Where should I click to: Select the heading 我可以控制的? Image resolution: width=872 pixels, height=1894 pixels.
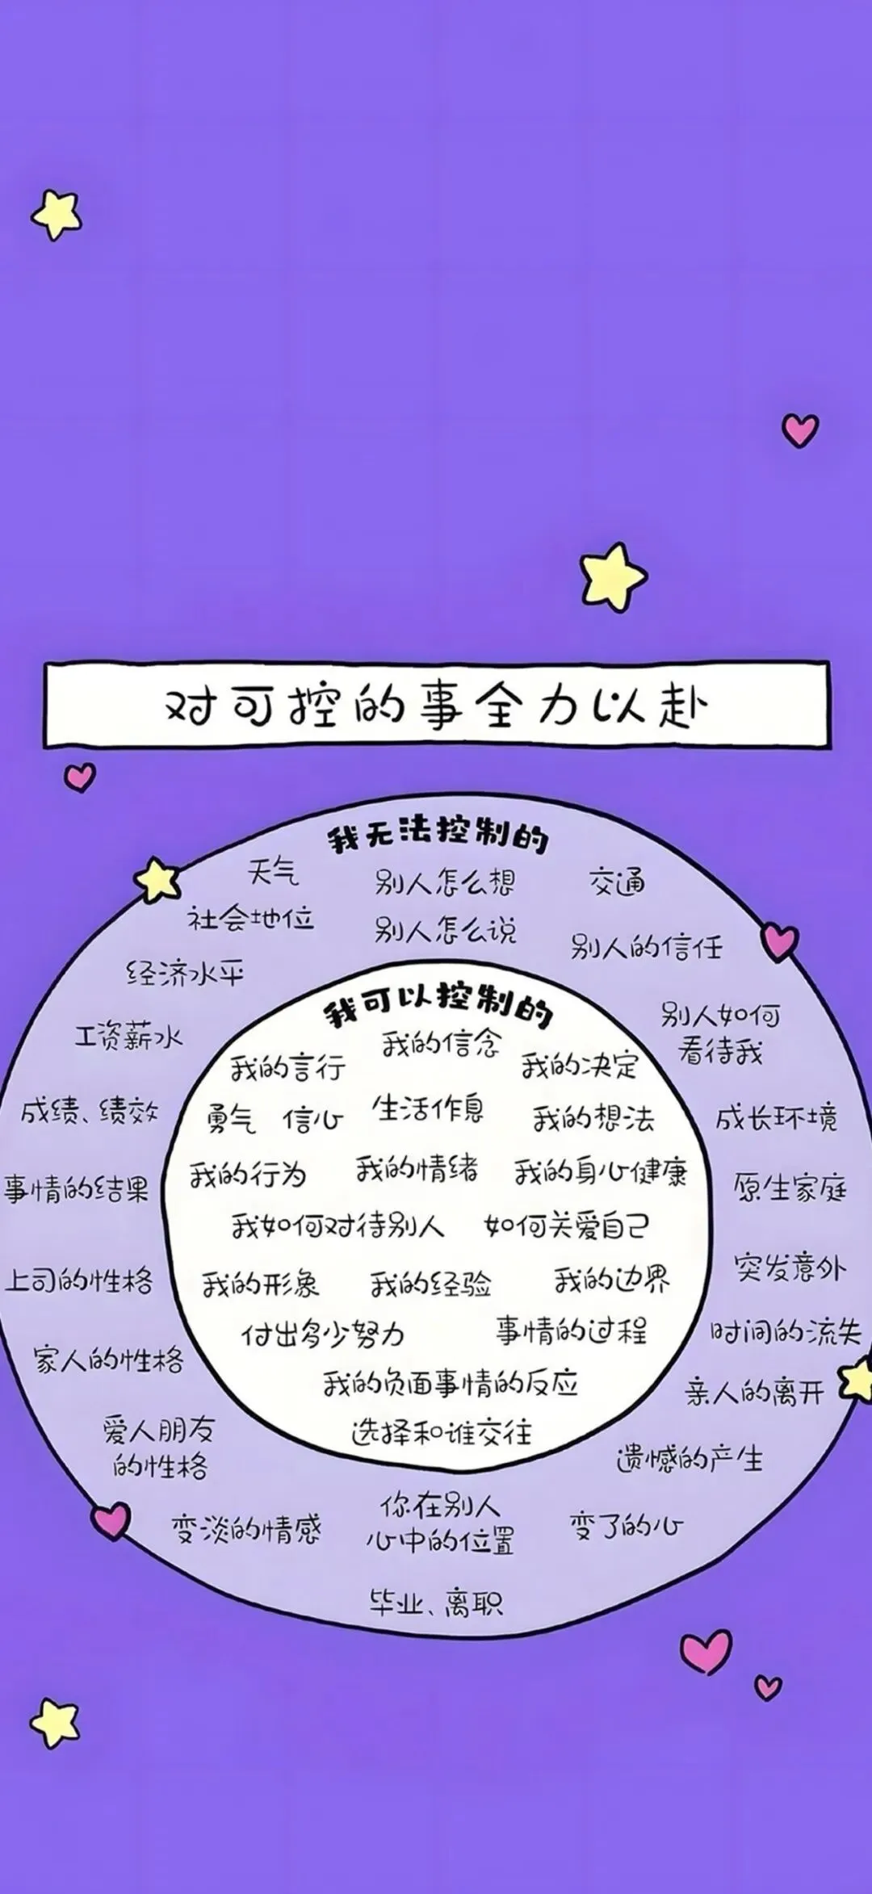coord(438,1005)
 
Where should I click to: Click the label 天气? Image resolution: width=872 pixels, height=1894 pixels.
coord(273,872)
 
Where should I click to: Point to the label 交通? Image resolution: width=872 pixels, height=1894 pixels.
coord(617,882)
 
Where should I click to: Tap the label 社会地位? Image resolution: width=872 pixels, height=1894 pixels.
coord(250,919)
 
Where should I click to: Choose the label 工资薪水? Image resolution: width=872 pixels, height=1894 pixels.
coord(129,1036)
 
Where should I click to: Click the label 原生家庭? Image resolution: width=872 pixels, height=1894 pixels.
coord(790,1188)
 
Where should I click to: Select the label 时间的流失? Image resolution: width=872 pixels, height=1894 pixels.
coord(786,1332)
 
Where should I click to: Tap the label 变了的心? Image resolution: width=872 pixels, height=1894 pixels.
coord(627,1527)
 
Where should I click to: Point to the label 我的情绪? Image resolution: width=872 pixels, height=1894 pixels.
coord(417,1168)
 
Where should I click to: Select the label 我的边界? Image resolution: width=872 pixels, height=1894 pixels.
coord(611,1279)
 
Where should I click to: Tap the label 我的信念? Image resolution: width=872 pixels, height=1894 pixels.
coord(441,1044)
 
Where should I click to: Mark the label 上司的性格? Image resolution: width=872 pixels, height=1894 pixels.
coord(78,1280)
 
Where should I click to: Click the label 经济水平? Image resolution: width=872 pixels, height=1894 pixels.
coord(185,974)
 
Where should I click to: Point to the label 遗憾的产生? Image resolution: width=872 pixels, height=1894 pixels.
coord(689,1458)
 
